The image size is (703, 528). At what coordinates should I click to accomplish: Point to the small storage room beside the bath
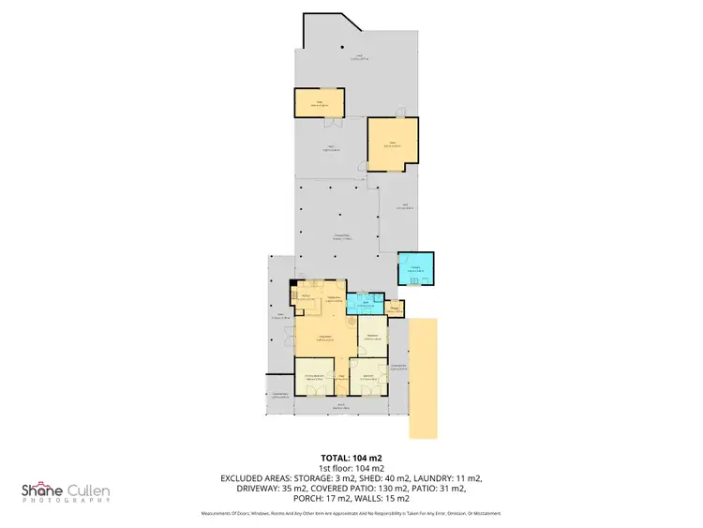pyautogui.click(x=396, y=308)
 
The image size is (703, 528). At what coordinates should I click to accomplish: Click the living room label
pyautogui.click(x=326, y=338)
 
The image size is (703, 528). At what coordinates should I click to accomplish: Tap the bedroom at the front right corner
pyautogui.click(x=367, y=378)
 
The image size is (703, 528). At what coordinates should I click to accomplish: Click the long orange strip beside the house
pyautogui.click(x=423, y=377)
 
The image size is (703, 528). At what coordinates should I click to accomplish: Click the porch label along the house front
pyautogui.click(x=341, y=408)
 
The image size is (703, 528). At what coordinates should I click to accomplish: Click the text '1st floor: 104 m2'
pyautogui.click(x=351, y=467)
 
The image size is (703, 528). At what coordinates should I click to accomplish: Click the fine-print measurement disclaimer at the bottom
pyautogui.click(x=351, y=513)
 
